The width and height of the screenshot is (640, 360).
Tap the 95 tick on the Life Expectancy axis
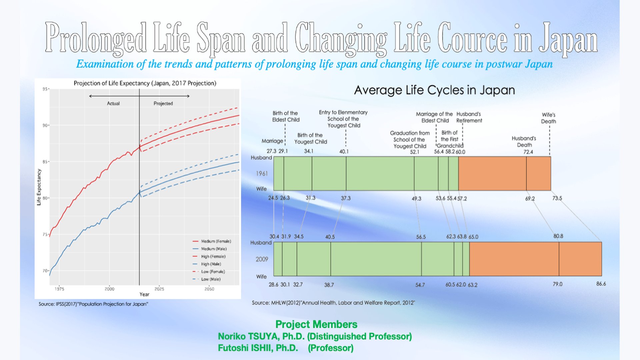pyautogui.click(x=45, y=89)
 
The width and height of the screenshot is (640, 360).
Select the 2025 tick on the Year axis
pyautogui.click(x=159, y=289)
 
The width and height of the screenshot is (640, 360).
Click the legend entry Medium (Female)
pyautogui.click(x=216, y=241)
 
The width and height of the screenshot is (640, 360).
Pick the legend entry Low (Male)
pyautogui.click(x=211, y=279)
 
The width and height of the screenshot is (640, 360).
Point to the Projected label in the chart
pyautogui.click(x=163, y=103)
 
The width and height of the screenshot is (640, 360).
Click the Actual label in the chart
pyautogui.click(x=113, y=103)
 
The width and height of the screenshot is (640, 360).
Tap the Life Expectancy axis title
pyautogui.click(x=39, y=187)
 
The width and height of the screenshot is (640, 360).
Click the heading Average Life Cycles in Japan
pyautogui.click(x=434, y=90)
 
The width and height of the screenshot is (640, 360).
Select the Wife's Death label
pyautogui.click(x=548, y=118)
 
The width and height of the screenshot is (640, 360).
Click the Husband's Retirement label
pyautogui.click(x=469, y=117)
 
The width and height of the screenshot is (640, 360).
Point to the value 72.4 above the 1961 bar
pyautogui.click(x=528, y=152)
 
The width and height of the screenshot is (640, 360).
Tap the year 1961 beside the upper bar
pyautogui.click(x=262, y=173)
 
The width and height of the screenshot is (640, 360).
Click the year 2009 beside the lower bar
pyautogui.click(x=262, y=259)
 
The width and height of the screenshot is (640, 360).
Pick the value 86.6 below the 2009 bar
pyautogui.click(x=601, y=284)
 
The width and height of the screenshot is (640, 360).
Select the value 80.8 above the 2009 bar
pyautogui.click(x=558, y=236)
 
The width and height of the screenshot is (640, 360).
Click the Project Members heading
pyautogui.click(x=316, y=324)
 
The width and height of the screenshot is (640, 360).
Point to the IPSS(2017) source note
pyautogui.click(x=93, y=304)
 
